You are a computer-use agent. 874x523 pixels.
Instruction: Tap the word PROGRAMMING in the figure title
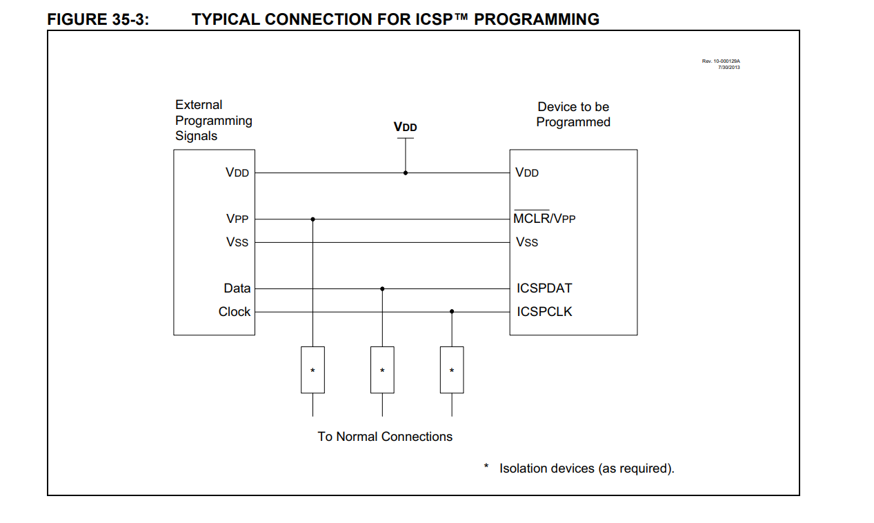(537, 19)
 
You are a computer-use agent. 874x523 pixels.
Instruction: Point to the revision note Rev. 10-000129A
(721, 61)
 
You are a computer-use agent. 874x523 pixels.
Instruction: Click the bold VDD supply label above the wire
(406, 127)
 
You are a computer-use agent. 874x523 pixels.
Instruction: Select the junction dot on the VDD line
(406, 173)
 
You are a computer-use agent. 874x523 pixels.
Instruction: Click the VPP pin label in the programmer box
(237, 219)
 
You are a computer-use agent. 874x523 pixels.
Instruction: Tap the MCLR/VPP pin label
(544, 219)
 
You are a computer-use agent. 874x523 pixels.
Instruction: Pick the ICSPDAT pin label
(544, 288)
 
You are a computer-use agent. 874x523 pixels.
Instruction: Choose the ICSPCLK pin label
(544, 312)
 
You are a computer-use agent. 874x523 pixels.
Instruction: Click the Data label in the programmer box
(237, 288)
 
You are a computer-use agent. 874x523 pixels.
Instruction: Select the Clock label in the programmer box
(234, 312)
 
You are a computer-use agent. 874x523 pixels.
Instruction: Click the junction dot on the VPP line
(312, 219)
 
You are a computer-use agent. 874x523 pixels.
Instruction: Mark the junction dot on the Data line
(382, 289)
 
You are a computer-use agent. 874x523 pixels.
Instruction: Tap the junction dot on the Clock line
(452, 311)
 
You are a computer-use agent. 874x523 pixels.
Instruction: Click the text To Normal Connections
(385, 437)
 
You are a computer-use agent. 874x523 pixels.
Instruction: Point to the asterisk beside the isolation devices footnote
(486, 466)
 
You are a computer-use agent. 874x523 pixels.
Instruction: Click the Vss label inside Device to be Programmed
(527, 242)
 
